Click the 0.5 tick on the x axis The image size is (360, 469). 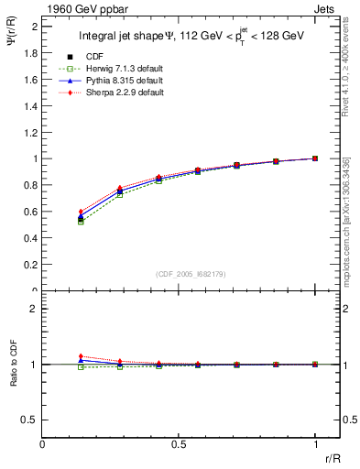(x=179, y=443)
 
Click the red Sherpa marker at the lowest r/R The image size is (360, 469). (x=82, y=212)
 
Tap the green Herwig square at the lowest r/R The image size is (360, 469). (x=82, y=222)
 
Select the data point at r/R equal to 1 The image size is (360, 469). (x=315, y=158)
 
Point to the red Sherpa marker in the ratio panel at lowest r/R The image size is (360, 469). (x=82, y=356)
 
